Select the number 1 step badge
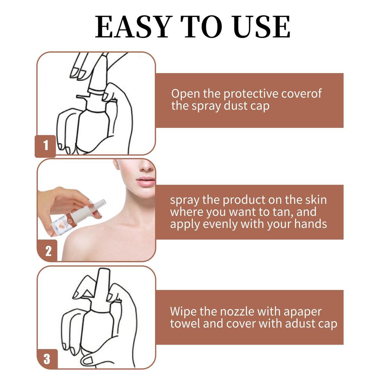46,145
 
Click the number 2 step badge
48,251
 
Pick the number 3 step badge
47,358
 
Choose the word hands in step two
310,224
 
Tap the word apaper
302,312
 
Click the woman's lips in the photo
146,181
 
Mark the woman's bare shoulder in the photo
90,241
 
